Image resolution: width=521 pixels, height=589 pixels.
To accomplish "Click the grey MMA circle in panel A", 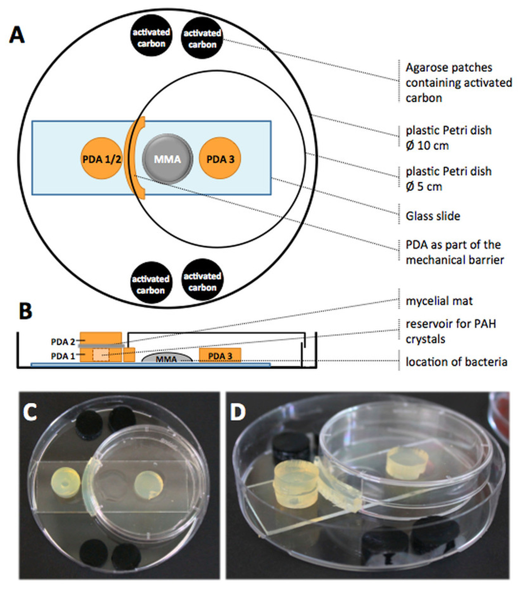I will click(x=167, y=159).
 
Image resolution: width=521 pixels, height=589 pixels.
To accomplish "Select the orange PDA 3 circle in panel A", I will click(x=220, y=158).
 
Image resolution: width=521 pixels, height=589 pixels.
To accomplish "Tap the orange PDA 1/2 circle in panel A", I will click(x=101, y=158).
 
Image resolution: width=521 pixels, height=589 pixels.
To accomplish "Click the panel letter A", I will click(x=17, y=35).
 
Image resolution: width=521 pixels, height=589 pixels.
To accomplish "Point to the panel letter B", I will click(x=25, y=311).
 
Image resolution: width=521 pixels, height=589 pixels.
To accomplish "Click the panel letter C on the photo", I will click(x=30, y=412).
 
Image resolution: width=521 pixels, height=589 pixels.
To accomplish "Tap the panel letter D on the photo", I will click(x=238, y=412).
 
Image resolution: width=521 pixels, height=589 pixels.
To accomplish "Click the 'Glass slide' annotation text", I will click(x=433, y=216).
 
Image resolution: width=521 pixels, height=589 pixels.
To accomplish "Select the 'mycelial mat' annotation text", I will click(x=439, y=301).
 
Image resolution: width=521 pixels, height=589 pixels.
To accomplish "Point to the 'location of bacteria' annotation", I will click(x=456, y=362).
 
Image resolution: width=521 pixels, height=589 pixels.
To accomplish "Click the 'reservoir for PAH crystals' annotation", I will click(x=450, y=331).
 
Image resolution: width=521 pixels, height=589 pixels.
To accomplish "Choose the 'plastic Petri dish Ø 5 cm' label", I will click(x=448, y=179).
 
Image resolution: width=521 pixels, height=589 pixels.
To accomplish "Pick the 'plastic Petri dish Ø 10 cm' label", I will click(x=448, y=138).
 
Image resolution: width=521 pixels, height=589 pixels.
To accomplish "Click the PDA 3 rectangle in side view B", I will click(x=220, y=355).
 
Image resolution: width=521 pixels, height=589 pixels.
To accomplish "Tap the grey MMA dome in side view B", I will click(x=167, y=358).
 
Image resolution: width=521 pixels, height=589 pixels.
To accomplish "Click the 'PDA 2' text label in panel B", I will click(x=63, y=342).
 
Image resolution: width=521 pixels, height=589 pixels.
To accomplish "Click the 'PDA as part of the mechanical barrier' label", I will click(x=454, y=252).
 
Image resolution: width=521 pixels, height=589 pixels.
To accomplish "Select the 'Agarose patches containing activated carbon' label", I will click(x=458, y=83).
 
